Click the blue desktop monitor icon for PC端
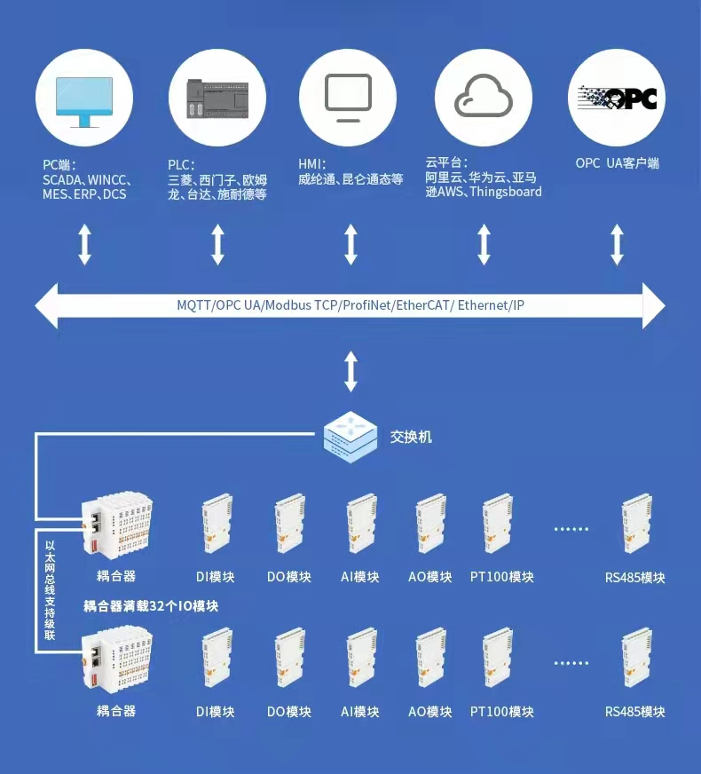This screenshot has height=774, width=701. point(84,100)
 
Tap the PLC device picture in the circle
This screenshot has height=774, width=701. point(217,99)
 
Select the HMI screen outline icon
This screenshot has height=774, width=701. point(348,98)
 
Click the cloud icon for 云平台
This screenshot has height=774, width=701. point(483,97)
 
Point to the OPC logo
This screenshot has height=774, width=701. point(617,98)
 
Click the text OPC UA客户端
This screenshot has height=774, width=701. point(617,163)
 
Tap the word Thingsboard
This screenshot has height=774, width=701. point(506,192)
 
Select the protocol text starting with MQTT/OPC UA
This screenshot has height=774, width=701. point(350,305)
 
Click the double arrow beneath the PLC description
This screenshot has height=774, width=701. point(217,244)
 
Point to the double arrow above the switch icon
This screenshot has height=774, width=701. point(350,371)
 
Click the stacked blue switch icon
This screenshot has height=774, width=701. point(350,436)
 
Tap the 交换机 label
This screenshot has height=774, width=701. point(411,437)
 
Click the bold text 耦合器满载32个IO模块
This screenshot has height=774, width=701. point(151,606)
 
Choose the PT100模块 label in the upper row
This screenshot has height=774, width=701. point(502,577)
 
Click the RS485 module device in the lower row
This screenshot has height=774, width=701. point(636,659)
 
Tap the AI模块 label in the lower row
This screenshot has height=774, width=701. point(360,712)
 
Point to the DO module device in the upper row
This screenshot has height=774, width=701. point(289,524)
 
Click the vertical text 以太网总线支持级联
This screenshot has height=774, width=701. point(50,591)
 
